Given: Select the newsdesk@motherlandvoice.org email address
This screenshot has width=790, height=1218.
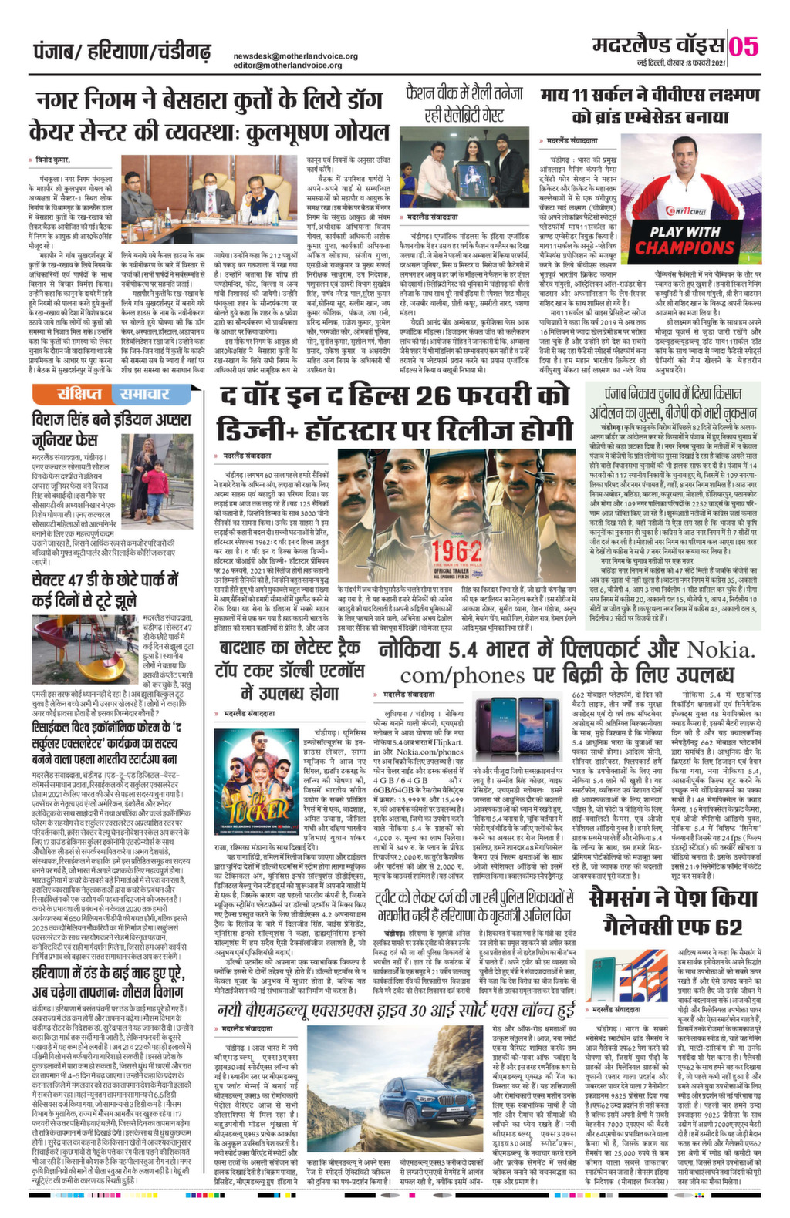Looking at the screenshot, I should point(295,56).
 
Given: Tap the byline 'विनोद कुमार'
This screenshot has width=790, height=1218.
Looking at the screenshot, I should point(52,160).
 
